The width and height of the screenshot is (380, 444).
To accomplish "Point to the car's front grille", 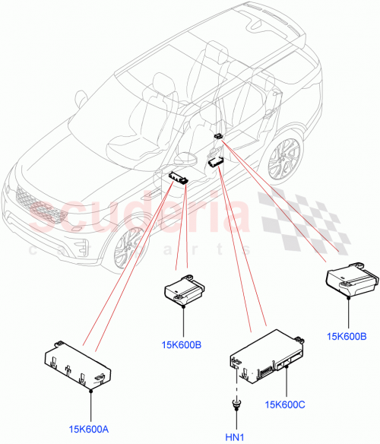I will pyautogui.click(x=34, y=205).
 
